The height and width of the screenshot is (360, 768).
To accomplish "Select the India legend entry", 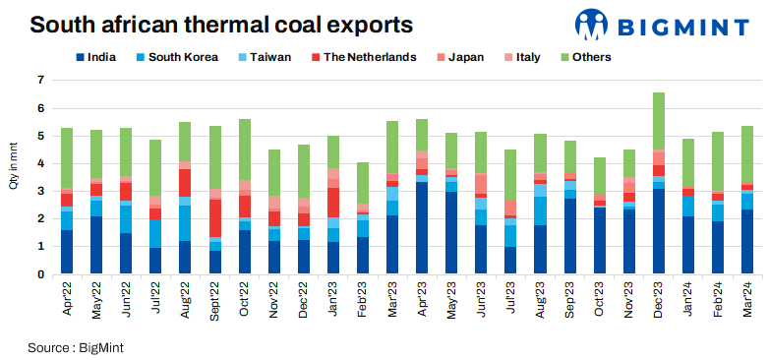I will tap(95, 57).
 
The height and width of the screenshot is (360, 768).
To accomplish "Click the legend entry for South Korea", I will tap(175, 57).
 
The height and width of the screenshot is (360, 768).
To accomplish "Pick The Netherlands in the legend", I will tap(361, 57).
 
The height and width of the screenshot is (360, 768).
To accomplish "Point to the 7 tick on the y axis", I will tap(41, 79).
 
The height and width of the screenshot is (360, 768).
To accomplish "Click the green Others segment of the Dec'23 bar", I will tap(659, 121).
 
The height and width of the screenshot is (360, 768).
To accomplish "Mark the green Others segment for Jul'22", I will tap(155, 167).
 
